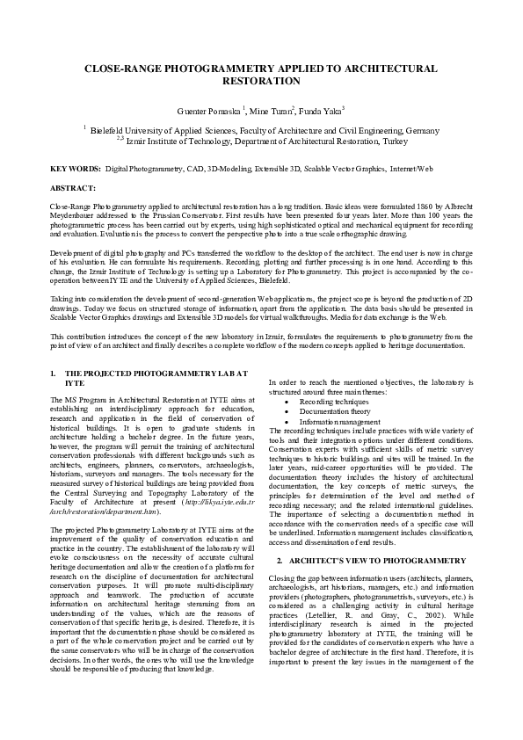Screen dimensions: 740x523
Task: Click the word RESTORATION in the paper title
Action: tap(261, 80)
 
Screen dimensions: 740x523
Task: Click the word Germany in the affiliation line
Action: tap(420, 129)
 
